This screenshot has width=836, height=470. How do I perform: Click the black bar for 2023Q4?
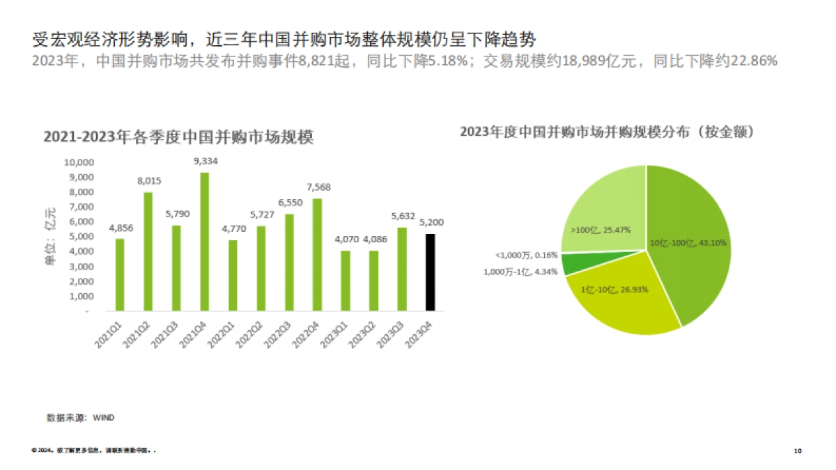coord(431,272)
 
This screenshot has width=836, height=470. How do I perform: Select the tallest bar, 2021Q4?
coord(205,242)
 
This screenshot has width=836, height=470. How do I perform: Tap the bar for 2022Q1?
coord(233,276)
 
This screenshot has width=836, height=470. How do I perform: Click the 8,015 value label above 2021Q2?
coord(149,181)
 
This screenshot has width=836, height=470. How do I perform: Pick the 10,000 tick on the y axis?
coord(79,162)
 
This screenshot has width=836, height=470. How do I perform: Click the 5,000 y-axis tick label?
coord(81,237)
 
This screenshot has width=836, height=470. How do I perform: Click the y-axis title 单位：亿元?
coord(51,237)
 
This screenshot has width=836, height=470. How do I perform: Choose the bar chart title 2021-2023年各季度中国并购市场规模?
coord(178,137)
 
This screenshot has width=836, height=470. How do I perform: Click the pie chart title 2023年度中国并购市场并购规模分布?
coord(607,132)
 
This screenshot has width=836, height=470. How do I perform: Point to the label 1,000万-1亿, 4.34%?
coord(520,272)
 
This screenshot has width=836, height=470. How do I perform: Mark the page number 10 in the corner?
coord(798,451)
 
